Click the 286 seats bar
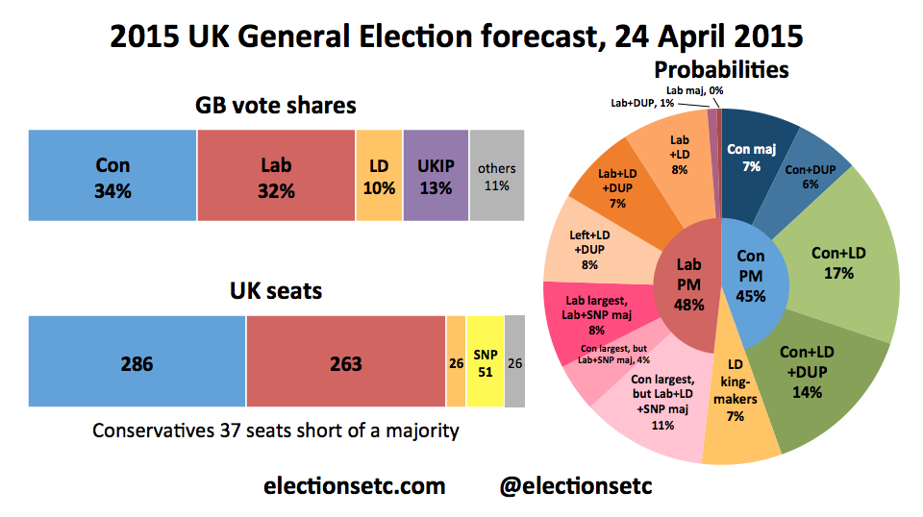coord(137,363)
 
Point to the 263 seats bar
coord(346,363)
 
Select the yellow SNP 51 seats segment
coord(485,363)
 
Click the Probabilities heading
coord(721,69)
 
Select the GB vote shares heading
coord(276,105)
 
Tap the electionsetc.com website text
coord(355,486)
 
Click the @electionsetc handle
coord(576,486)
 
